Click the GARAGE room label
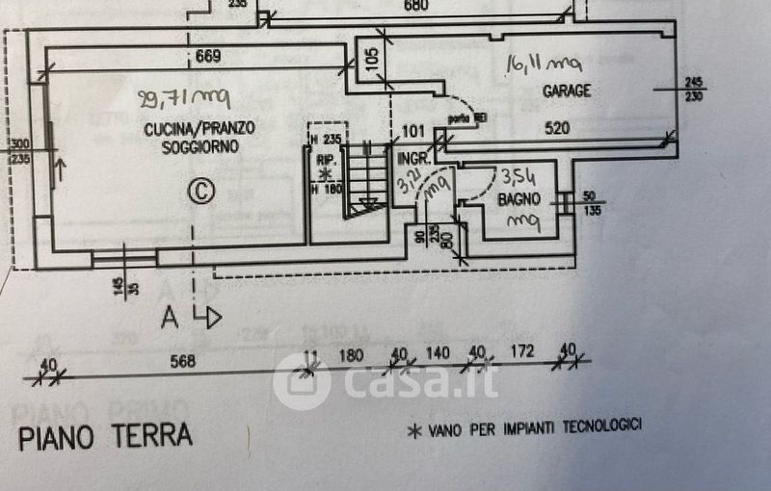click(x=566, y=91)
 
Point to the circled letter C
click(x=200, y=191)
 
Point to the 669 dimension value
click(x=208, y=56)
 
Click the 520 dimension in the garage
click(x=557, y=127)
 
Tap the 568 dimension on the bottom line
click(x=182, y=362)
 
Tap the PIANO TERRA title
click(x=105, y=436)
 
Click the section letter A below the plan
click(x=171, y=317)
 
